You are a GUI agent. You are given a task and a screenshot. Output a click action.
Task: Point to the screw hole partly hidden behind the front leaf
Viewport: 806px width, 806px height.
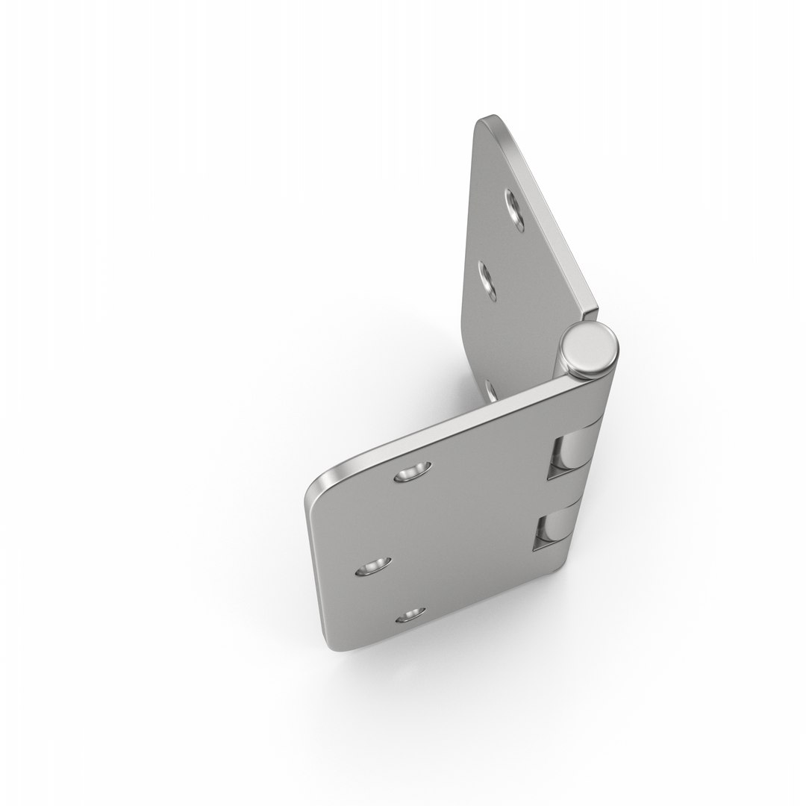point(490,390)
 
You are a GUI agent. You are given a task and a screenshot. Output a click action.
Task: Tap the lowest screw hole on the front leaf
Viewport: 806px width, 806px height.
point(409,616)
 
